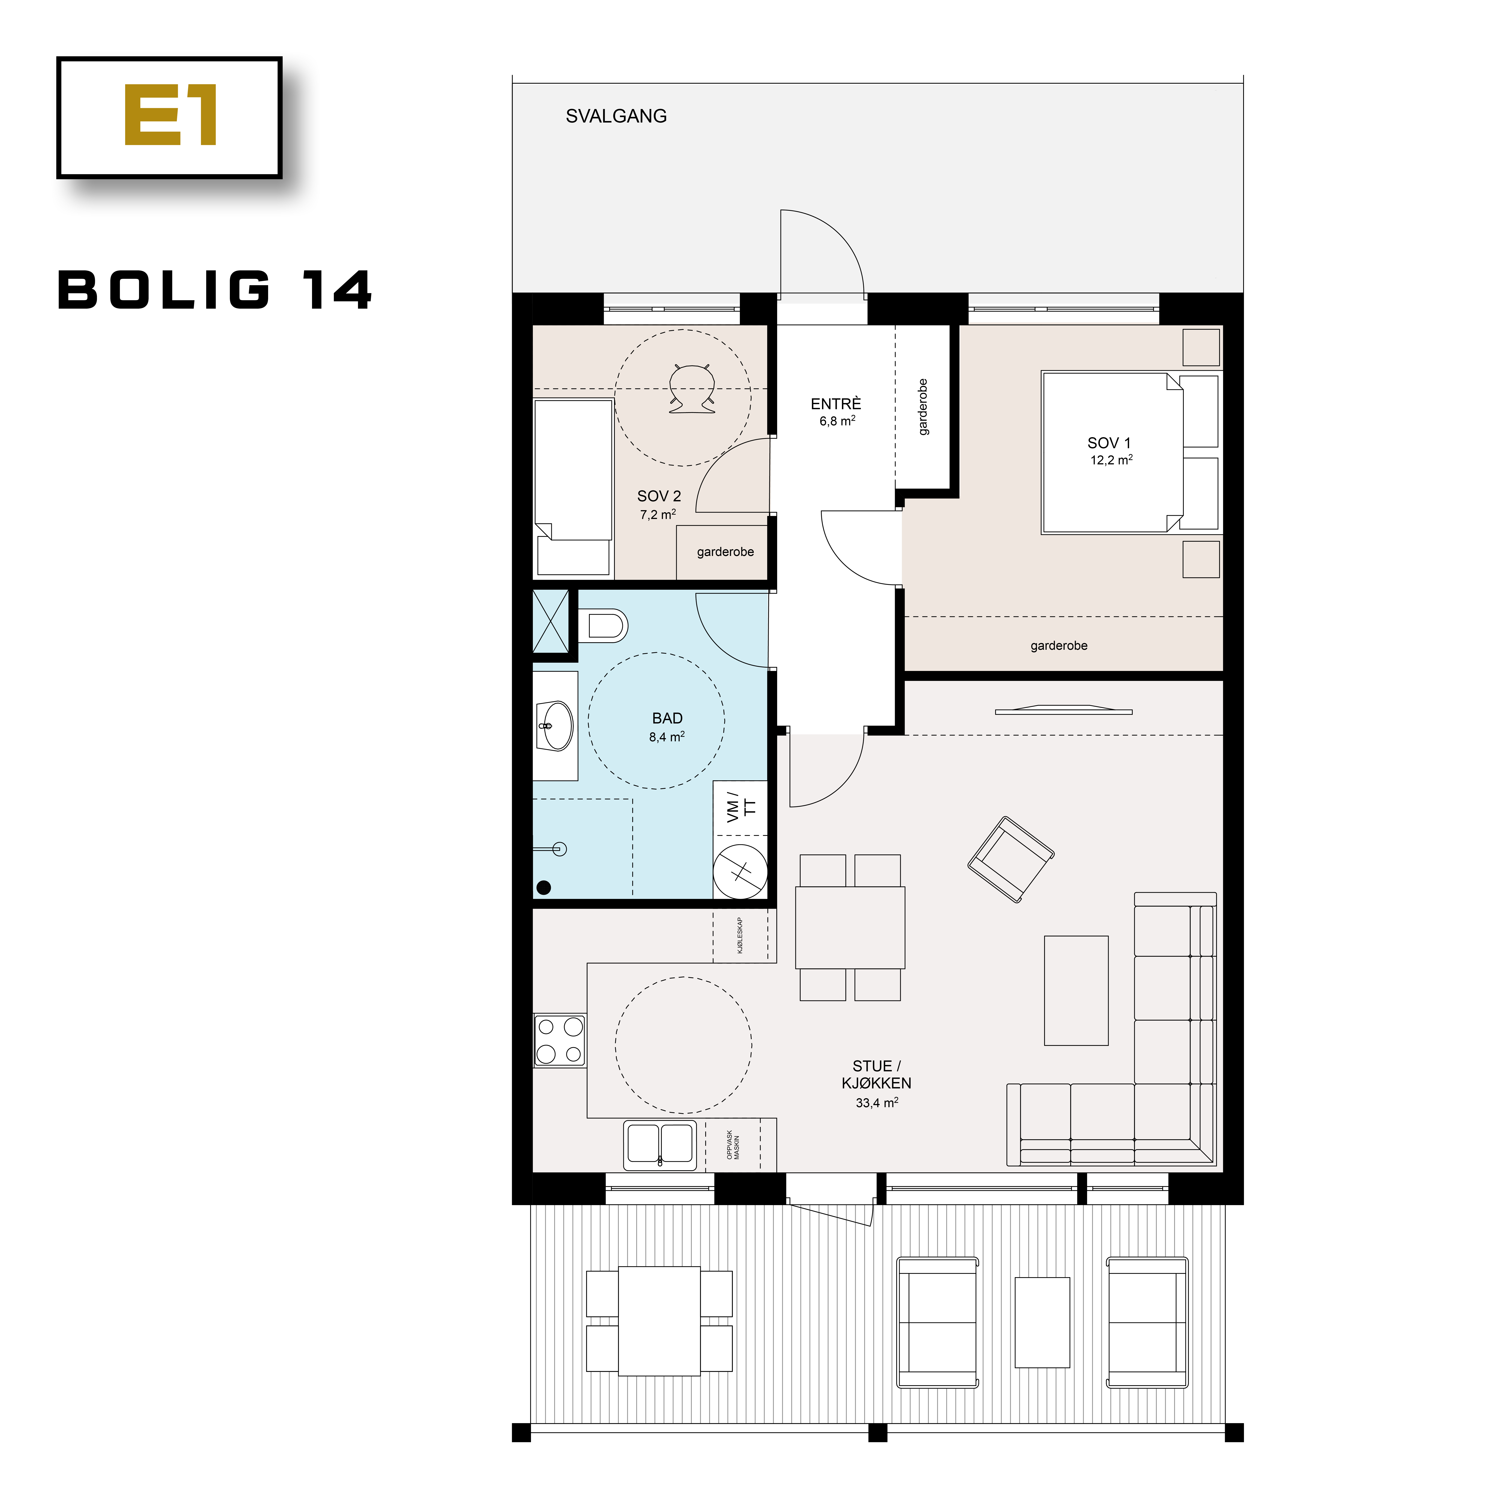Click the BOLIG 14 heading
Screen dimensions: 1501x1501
coord(215,291)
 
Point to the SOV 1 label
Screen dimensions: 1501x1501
coord(1109,443)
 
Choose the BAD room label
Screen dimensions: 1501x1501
coord(667,719)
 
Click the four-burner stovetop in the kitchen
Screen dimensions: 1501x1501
coord(559,1040)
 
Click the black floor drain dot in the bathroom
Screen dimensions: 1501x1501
coord(544,887)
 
